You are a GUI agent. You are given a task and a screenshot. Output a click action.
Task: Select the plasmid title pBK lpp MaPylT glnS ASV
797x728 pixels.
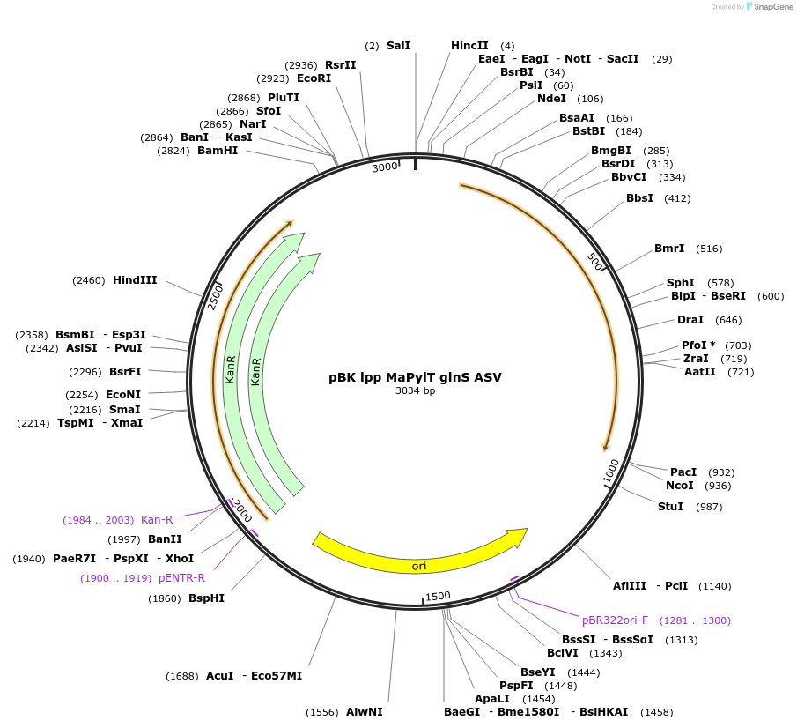point(415,377)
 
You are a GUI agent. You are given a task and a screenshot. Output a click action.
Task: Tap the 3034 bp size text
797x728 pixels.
point(416,390)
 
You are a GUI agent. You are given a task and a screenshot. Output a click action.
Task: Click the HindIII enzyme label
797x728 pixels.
point(135,279)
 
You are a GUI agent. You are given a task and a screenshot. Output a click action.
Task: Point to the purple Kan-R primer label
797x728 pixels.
point(157,519)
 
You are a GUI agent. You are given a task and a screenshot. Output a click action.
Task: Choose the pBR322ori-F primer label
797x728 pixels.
point(615,620)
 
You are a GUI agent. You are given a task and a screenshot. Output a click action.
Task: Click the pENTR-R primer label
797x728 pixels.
point(181,578)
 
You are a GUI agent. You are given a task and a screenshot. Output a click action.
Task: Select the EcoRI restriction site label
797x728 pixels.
point(314,78)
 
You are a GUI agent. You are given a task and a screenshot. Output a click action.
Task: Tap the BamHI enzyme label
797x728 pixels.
point(218,151)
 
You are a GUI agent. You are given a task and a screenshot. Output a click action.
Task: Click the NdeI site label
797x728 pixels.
point(551,98)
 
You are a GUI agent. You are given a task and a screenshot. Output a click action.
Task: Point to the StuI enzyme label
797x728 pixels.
point(670,506)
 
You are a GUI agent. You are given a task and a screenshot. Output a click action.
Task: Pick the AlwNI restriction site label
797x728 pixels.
point(364,712)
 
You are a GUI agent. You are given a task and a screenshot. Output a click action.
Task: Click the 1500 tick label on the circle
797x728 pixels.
point(438,597)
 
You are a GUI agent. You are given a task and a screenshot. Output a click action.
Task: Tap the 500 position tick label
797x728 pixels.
point(594,262)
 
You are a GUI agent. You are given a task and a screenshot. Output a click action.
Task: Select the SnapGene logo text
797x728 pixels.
point(773,7)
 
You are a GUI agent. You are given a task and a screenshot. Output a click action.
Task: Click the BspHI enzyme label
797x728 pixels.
point(206,598)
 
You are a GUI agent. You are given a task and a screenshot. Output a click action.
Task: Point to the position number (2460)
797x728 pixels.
point(89,280)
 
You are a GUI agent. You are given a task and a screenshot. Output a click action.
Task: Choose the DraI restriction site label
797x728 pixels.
point(690,319)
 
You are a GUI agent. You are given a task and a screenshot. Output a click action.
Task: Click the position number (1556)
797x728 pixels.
point(322,712)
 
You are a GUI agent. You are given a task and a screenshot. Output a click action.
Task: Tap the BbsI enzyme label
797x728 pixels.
point(639,198)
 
